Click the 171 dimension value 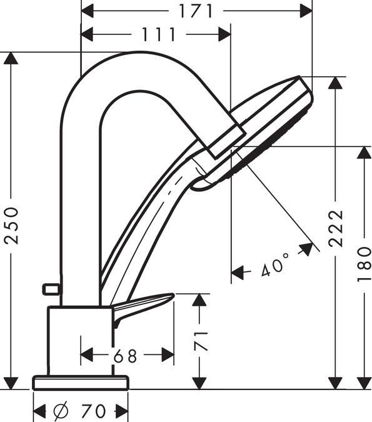196,11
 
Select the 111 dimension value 158,34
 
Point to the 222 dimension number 336,228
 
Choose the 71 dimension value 200,341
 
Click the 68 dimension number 126,356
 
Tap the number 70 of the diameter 94,411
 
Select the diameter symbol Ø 61,411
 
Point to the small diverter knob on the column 49,289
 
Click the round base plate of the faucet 80,382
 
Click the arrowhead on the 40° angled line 306,248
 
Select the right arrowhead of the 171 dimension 306,11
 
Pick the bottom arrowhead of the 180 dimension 364,383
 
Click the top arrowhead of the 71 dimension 199,299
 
